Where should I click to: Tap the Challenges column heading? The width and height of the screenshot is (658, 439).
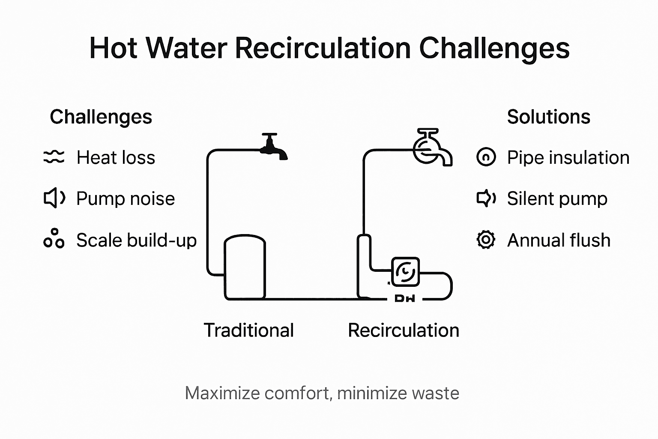tap(101, 117)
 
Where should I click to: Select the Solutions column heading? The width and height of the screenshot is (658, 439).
tap(548, 117)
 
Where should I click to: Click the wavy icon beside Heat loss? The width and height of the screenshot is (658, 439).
tap(54, 157)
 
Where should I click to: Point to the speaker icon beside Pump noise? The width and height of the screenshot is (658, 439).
tap(54, 198)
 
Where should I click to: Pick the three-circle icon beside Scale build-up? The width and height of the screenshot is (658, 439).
tap(54, 239)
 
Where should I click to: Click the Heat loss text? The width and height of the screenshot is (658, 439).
tap(116, 157)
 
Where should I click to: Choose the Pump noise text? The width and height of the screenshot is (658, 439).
tap(126, 198)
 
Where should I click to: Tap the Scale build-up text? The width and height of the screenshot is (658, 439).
tap(136, 240)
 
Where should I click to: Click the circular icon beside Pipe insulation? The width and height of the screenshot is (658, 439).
tap(486, 157)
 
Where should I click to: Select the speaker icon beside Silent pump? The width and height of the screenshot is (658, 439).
tap(486, 198)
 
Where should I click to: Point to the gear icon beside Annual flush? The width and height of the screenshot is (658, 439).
tap(486, 240)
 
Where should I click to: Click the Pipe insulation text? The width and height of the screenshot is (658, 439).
tap(568, 157)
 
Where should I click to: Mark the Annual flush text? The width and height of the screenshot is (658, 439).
tap(559, 240)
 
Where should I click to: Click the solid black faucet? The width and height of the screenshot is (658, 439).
tap(273, 147)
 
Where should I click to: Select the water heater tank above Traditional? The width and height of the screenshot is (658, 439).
tap(245, 267)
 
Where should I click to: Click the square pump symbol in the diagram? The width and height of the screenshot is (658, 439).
tap(405, 271)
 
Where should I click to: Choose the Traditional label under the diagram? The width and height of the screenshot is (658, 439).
tap(248, 330)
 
